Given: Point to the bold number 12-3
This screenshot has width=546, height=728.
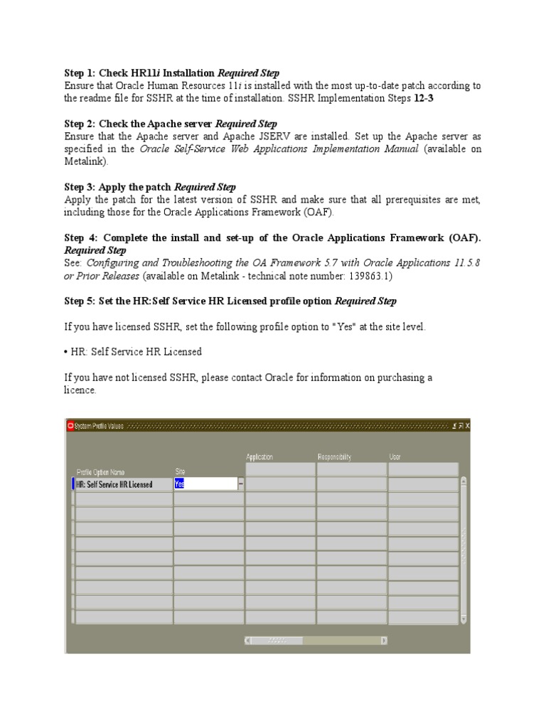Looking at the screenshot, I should (x=424, y=98).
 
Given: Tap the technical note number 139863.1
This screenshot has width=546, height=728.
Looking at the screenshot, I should (x=365, y=275).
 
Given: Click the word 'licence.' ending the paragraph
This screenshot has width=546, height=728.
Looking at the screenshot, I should (x=80, y=390).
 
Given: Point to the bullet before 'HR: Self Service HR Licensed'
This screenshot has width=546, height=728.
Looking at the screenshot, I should (x=66, y=352).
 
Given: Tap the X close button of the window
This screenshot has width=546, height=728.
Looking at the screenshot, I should (x=467, y=426).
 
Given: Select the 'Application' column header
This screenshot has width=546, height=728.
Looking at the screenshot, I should (x=259, y=457).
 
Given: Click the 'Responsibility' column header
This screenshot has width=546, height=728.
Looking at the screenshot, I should (x=334, y=457).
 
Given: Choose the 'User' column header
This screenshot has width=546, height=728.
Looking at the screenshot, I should (x=395, y=457).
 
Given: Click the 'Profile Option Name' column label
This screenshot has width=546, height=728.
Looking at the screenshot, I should (x=100, y=471).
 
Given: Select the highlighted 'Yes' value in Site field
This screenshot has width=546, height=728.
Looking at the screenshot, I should (x=179, y=484).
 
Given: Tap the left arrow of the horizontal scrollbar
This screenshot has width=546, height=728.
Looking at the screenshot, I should (x=248, y=640).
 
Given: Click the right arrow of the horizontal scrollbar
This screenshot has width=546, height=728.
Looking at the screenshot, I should (x=384, y=640).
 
